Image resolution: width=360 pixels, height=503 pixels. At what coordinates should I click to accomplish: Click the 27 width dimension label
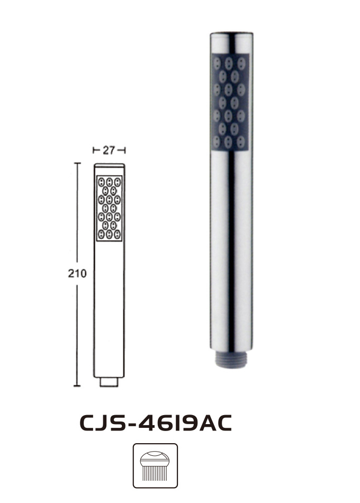tap(109, 150)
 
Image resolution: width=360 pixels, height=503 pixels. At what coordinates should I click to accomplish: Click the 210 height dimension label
tap(77, 273)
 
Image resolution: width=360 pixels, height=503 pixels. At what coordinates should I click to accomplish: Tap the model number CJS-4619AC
tap(156, 423)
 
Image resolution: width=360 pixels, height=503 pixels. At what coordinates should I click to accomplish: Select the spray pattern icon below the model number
tap(155, 466)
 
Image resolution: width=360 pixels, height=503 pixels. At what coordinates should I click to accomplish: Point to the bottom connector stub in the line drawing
tap(109, 382)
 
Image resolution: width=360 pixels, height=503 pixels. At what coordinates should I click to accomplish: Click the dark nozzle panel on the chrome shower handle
tap(230, 102)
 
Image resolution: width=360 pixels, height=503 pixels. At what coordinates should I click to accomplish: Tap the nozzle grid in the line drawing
tap(110, 208)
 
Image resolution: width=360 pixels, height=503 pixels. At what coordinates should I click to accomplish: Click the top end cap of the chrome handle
tap(231, 33)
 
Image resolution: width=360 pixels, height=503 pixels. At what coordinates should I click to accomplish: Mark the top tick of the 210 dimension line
tap(77, 163)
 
